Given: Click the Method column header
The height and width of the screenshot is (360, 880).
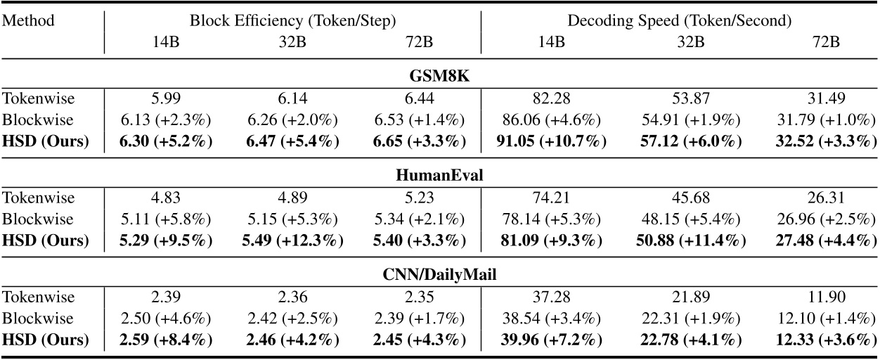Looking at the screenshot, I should click(x=29, y=21).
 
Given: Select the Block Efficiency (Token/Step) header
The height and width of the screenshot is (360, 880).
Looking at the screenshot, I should click(x=292, y=21).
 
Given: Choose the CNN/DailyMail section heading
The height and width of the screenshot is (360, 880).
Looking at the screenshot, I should click(x=441, y=275).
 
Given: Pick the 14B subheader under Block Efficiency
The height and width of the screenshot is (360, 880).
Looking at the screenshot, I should click(x=166, y=42).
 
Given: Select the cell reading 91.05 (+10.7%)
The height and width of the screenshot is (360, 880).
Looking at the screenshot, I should click(x=550, y=141).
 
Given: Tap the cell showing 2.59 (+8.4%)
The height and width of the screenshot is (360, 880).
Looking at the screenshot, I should click(x=166, y=340).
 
